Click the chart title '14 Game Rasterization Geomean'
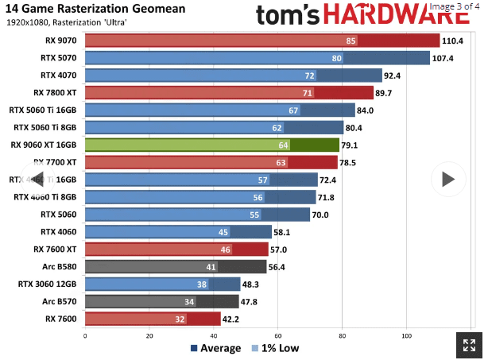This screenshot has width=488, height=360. coord(95,9)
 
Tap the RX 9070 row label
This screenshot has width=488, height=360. coord(60,41)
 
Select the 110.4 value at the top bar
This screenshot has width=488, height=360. coord(453,41)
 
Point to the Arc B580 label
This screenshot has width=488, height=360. coord(59,266)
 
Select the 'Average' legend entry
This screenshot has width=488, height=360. coord(215,348)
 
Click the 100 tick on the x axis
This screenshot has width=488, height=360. coord(406,335)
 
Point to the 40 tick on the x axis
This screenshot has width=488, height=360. coord(214,335)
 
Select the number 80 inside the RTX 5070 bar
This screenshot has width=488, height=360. coord(337,58)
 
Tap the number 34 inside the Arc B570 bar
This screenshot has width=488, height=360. coord(188,301)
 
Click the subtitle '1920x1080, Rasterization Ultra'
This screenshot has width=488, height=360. coord(66,21)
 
